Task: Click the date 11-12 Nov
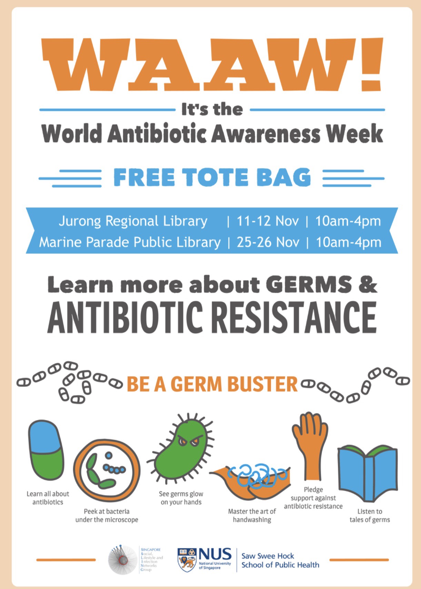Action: (268, 221)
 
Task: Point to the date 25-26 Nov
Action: (268, 242)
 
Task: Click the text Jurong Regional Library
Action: (133, 222)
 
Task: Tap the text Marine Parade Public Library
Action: (130, 243)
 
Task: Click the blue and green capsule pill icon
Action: (47, 451)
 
